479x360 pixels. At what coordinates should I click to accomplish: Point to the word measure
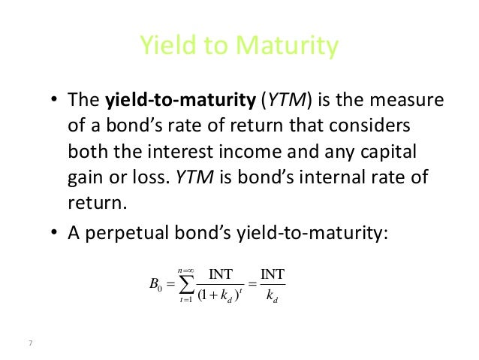408,100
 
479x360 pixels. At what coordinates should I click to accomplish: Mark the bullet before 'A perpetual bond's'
54,233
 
